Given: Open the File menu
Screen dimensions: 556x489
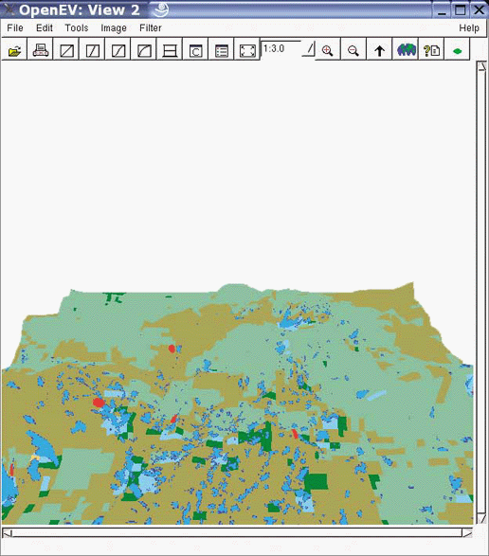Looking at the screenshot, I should [14, 28].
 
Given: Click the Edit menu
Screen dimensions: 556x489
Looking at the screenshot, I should [45, 28].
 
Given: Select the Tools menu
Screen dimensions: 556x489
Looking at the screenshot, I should [77, 28].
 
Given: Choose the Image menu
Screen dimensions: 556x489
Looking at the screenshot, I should [114, 28].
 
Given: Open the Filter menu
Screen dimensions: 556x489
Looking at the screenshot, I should [151, 28].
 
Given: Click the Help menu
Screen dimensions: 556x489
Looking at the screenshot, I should [469, 28].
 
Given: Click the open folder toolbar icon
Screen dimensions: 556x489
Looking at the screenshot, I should [15, 51].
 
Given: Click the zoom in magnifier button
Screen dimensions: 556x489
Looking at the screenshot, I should [327, 51].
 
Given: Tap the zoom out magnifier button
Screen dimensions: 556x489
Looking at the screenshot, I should [353, 51].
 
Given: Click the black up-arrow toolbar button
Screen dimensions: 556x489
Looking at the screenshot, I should [380, 51].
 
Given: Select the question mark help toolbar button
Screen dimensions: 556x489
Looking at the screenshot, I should [432, 51].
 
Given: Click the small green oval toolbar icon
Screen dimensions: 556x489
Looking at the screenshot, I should [458, 51].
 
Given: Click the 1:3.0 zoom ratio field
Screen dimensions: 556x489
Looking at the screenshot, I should [281, 47].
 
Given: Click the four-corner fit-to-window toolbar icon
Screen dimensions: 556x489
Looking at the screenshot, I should [247, 51].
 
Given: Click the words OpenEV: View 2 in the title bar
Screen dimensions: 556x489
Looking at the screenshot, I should [80, 9].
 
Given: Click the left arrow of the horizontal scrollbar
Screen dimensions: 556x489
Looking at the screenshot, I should [7, 533].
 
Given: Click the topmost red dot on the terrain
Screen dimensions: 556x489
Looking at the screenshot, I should [172, 349].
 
